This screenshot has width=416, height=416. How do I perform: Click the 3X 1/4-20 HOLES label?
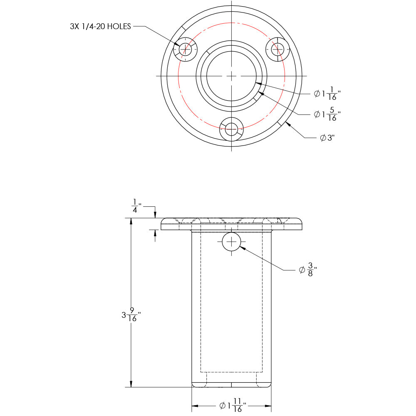click(100, 27)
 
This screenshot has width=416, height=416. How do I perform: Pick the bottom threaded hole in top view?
click(231, 129)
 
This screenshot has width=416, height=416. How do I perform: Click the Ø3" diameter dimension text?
click(327, 138)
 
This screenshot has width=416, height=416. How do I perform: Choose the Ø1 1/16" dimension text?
click(327, 94)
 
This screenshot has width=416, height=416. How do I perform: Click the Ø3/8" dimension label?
click(308, 270)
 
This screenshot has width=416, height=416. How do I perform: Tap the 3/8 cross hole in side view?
click(231, 242)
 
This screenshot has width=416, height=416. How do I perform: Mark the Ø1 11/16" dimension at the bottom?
click(233, 405)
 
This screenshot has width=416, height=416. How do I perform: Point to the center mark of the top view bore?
click(231, 76)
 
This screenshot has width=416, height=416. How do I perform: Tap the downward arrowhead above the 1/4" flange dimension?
click(155, 215)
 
